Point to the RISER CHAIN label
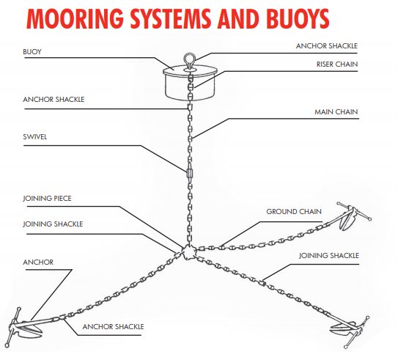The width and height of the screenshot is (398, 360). click(338, 63)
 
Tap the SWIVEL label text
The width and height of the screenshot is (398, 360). click(36, 136)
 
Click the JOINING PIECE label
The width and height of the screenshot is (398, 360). click(48, 197)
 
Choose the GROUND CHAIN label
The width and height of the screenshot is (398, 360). click(293, 212)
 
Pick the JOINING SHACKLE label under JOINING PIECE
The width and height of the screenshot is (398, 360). click(53, 224)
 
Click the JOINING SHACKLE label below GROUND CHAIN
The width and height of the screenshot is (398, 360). click(329, 255)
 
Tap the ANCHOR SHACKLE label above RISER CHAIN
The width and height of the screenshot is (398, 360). click(327, 45)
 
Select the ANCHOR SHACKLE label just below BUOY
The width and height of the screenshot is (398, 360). click(54, 99)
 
